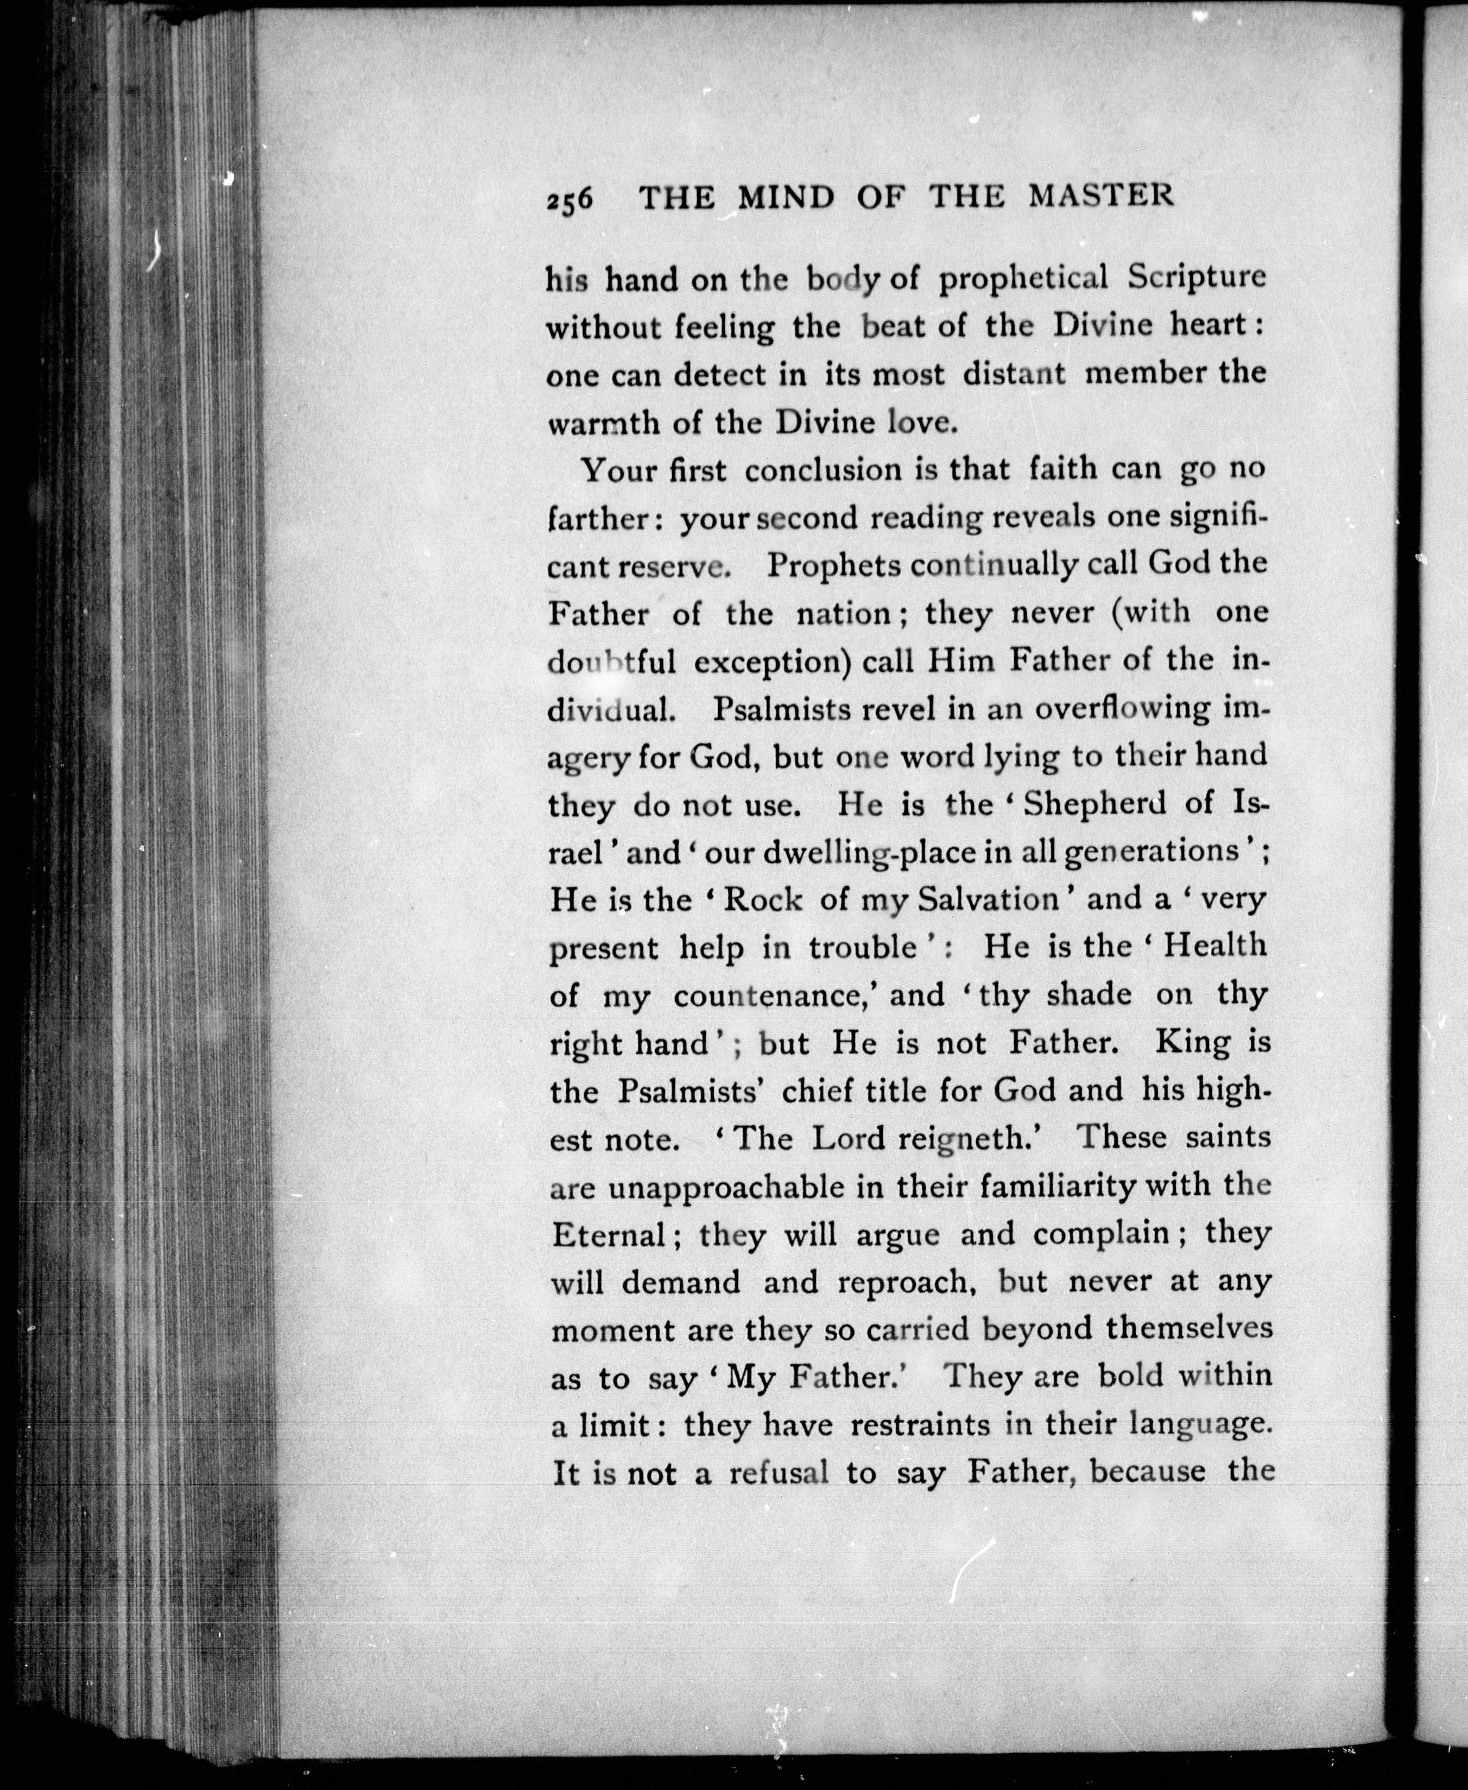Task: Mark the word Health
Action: [1215, 945]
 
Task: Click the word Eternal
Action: [609, 1235]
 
